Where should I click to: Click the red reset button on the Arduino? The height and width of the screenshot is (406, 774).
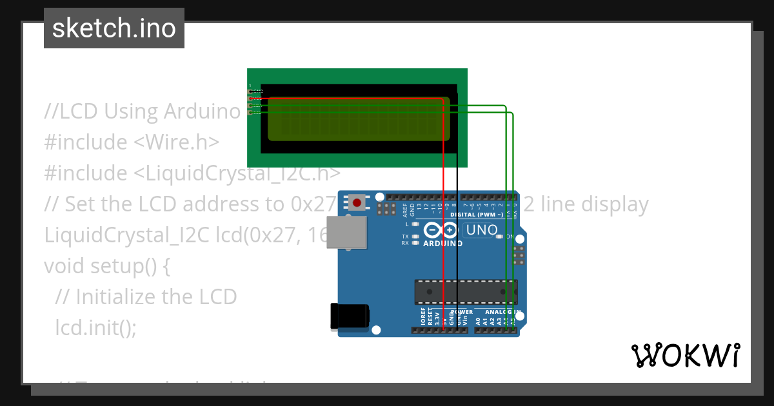pyautogui.click(x=357, y=203)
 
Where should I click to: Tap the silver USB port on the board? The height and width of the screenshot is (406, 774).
pyautogui.click(x=347, y=232)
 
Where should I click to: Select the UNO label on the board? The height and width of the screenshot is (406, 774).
pyautogui.click(x=482, y=230)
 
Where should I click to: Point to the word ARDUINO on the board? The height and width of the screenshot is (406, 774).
pyautogui.click(x=442, y=244)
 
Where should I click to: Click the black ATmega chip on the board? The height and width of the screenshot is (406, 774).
pyautogui.click(x=464, y=292)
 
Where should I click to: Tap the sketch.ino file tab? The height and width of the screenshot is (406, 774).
pyautogui.click(x=114, y=28)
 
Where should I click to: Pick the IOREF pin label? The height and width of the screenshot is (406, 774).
pyautogui.click(x=423, y=316)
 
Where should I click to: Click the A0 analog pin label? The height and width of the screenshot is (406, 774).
pyautogui.click(x=478, y=320)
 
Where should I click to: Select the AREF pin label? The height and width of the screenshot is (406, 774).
pyautogui.click(x=405, y=209)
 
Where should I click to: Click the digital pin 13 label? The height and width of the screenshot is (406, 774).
pyautogui.click(x=419, y=208)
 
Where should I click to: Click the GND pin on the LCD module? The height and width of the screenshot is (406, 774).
pyautogui.click(x=251, y=92)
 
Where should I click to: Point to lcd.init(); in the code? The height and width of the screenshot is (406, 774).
pyautogui.click(x=96, y=327)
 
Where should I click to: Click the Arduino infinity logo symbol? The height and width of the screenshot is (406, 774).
pyautogui.click(x=441, y=230)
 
